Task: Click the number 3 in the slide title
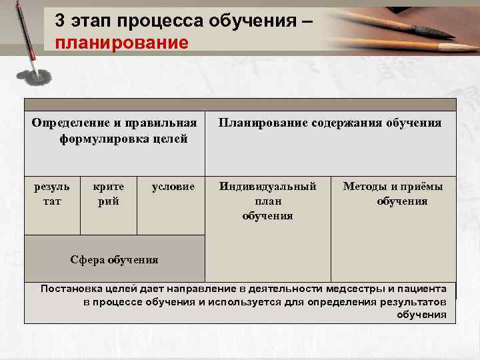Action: [x=61, y=21]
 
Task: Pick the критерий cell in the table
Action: [x=109, y=194]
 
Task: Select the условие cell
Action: [x=173, y=187]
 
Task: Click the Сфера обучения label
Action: [x=115, y=259]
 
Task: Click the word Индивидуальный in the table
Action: [x=268, y=187]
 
